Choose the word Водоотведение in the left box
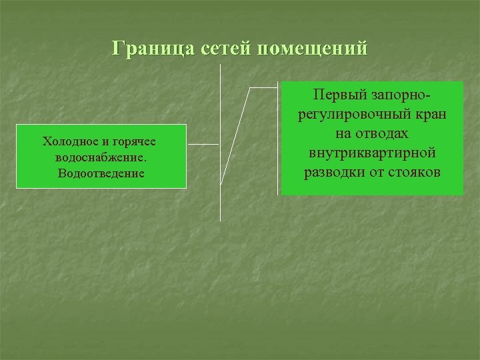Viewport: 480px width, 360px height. pyautogui.click(x=101, y=173)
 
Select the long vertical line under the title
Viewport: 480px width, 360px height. pyautogui.click(x=219, y=200)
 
